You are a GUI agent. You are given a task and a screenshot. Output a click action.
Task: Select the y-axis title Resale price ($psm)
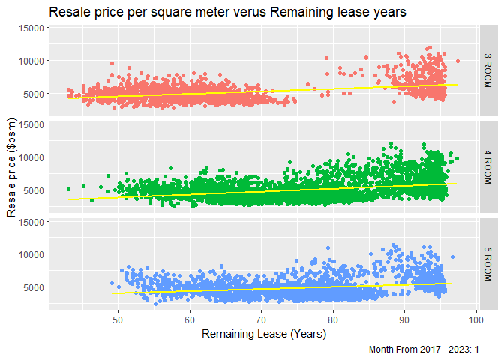[12, 167]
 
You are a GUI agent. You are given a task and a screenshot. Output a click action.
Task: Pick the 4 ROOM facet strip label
[487, 168]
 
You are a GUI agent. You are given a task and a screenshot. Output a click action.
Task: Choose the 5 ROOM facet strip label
[487, 264]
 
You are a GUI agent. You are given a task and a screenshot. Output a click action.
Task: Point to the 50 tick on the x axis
[118, 321]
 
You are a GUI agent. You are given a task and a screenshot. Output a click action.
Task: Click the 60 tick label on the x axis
[190, 321]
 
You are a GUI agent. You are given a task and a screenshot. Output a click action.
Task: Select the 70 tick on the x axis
[261, 321]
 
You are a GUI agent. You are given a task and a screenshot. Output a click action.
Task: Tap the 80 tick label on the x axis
[333, 321]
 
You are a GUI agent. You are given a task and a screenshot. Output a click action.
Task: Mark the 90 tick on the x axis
[404, 321]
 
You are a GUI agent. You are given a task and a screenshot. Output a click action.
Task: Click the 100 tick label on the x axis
[475, 321]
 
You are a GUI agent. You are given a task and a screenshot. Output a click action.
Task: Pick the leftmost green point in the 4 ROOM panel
[68, 189]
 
